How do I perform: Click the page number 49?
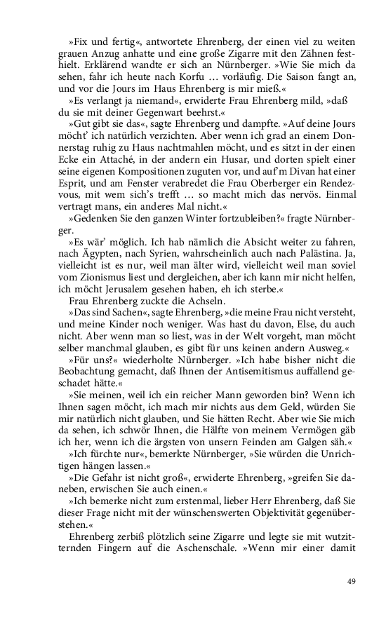[x=352, y=580]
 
